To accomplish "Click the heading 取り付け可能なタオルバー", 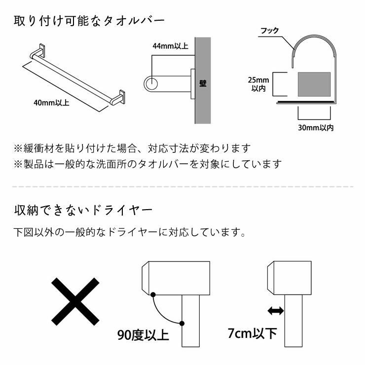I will pos(89,21).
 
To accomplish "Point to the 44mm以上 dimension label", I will pos(170,46).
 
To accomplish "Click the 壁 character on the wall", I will pos(202,83).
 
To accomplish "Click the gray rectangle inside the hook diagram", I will pos(314,84).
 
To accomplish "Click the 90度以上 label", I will pos(143,336).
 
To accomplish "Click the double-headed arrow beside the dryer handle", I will pos(275,311).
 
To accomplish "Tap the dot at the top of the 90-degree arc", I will pos(154,294).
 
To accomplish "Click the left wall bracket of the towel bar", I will pos(39,51).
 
